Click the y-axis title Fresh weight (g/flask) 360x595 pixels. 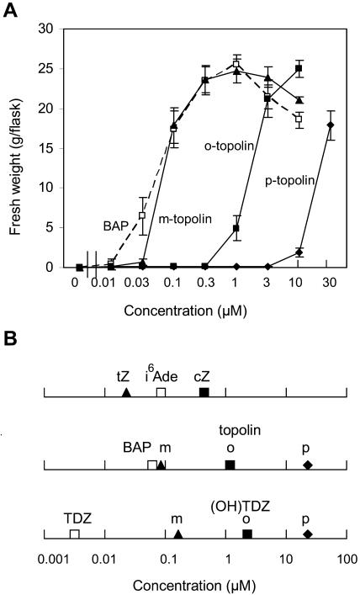point(19,147)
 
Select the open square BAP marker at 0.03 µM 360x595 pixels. point(142,215)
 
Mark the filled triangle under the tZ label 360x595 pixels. point(126,393)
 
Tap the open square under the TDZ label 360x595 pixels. point(74,534)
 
